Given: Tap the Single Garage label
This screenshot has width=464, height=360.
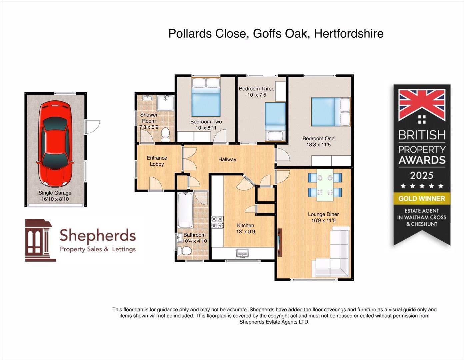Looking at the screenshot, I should pos(55,193).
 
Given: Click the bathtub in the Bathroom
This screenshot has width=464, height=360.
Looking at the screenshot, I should pos(185,210).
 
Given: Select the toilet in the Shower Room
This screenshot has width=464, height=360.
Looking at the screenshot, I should pos(165,134).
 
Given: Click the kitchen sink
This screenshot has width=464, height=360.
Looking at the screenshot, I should pos(243,254).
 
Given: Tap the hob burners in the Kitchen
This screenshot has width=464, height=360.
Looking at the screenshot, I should pos(217,222).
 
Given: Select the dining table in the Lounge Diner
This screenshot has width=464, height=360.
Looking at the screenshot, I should pos(325,185).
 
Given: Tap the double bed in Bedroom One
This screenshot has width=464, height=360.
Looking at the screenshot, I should pos(330,111).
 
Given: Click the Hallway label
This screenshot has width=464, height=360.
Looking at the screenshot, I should pos(227,160).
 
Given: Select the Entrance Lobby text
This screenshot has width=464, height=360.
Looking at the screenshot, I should pos(157,161).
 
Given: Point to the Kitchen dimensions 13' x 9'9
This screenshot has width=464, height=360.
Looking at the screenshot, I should pos(246,232).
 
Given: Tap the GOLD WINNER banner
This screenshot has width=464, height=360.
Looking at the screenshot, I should pos(422,199).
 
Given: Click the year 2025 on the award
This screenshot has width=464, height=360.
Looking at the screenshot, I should pos(422,176).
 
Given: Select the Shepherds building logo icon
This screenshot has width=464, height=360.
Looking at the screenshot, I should pos(40,240).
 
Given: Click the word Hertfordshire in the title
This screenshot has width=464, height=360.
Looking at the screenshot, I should pos(349,34).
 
